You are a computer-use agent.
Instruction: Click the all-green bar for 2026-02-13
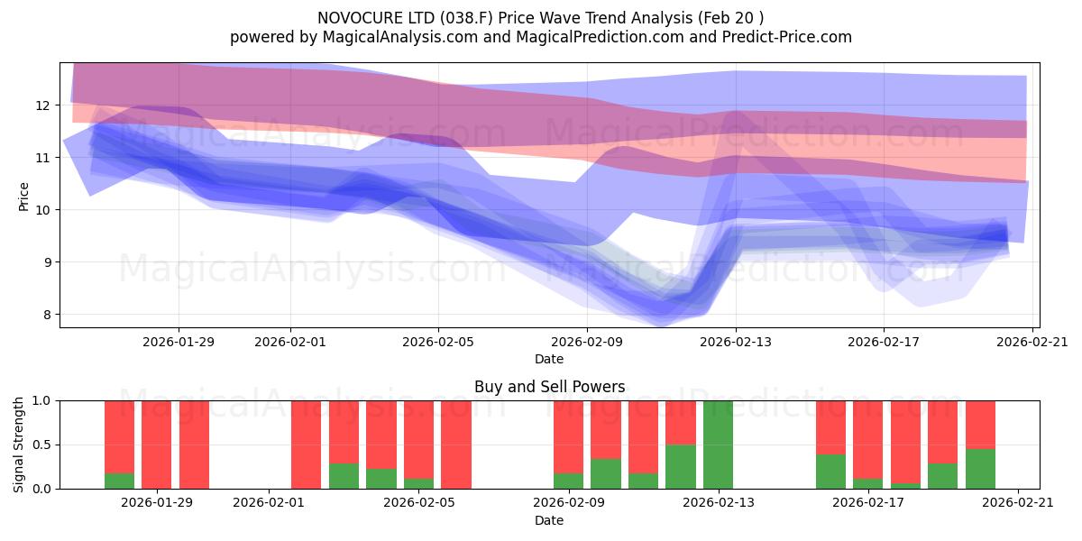718,445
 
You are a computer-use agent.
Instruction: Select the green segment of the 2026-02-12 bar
681,466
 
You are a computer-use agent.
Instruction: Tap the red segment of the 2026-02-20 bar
980,424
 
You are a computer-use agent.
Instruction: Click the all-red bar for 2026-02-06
456,445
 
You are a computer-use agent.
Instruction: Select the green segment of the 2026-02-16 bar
830,472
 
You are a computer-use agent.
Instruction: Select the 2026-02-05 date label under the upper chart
438,342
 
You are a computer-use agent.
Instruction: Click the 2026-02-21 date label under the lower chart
1018,502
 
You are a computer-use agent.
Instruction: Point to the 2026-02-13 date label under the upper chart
736,342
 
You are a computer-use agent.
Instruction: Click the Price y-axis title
24,197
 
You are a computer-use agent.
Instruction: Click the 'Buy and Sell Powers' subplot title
549,387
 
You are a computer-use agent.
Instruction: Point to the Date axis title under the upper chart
549,359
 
